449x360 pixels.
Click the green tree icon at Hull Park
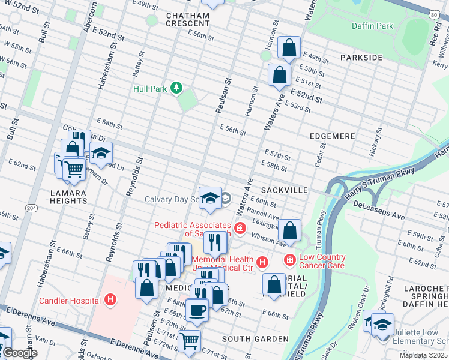click(176, 89)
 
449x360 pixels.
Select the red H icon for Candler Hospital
click(110, 299)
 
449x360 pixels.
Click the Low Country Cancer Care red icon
click(289, 260)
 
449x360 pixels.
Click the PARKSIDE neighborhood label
click(361, 57)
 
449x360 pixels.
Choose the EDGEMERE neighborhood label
click(332, 136)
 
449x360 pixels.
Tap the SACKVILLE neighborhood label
click(285, 190)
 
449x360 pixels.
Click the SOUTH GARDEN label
click(255, 339)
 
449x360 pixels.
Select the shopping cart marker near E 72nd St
click(190, 340)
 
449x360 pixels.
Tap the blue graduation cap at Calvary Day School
click(210, 198)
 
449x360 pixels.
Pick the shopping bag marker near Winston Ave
click(289, 230)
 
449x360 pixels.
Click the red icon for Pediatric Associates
click(240, 228)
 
